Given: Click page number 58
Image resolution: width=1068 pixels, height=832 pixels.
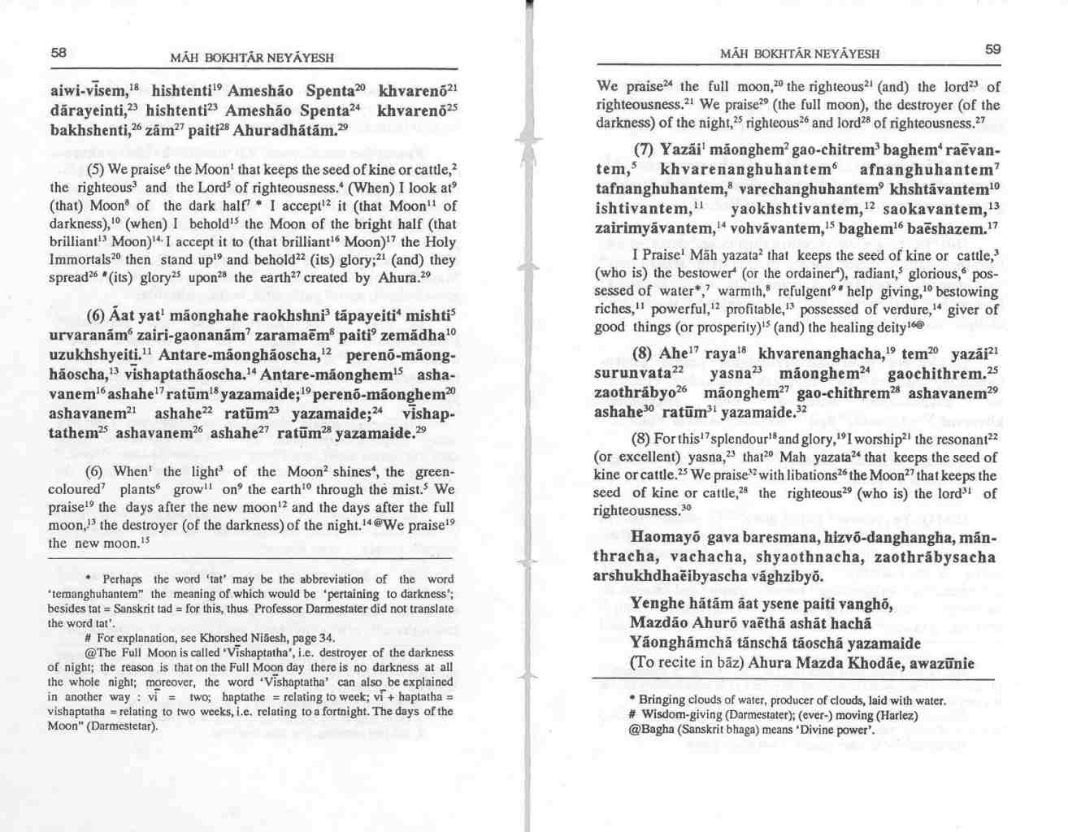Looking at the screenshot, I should [57, 52].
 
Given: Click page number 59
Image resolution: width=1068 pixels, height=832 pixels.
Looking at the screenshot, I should [992, 50].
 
